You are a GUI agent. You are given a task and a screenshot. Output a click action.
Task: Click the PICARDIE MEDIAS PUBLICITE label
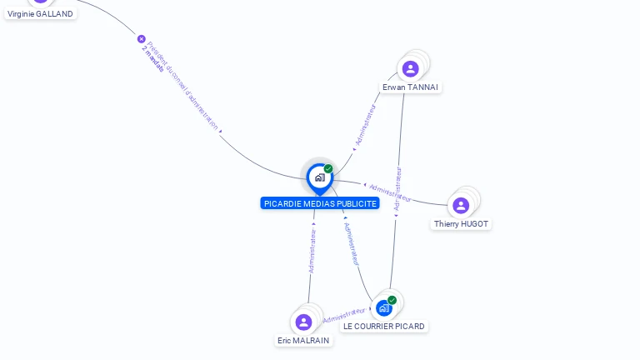320,203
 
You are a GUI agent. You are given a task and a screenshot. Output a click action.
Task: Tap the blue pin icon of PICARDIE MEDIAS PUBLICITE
318,177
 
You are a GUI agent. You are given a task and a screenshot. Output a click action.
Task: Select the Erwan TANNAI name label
410,87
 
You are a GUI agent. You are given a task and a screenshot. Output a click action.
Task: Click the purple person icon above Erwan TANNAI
410,68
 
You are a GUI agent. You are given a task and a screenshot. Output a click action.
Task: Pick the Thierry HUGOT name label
461,223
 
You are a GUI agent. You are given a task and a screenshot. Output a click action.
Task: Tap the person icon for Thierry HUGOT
461,205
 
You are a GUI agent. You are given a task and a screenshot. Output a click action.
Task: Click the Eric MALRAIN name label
303,340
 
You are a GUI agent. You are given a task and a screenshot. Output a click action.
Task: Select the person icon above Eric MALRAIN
303,322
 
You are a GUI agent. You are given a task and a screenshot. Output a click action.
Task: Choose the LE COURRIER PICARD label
384,326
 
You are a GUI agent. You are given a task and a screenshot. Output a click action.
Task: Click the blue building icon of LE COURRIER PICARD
383,308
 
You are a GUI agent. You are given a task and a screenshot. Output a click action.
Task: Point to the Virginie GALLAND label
40,13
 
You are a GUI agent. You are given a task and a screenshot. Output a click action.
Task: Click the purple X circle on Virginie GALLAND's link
142,39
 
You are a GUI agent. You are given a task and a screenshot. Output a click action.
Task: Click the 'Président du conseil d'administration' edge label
184,87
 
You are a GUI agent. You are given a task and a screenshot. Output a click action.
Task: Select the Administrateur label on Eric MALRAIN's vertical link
312,251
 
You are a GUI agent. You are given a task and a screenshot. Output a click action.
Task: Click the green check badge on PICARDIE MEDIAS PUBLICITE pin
328,168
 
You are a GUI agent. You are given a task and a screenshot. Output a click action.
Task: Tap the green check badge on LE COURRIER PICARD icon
392,300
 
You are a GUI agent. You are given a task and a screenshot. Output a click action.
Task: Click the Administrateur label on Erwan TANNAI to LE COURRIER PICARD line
398,187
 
